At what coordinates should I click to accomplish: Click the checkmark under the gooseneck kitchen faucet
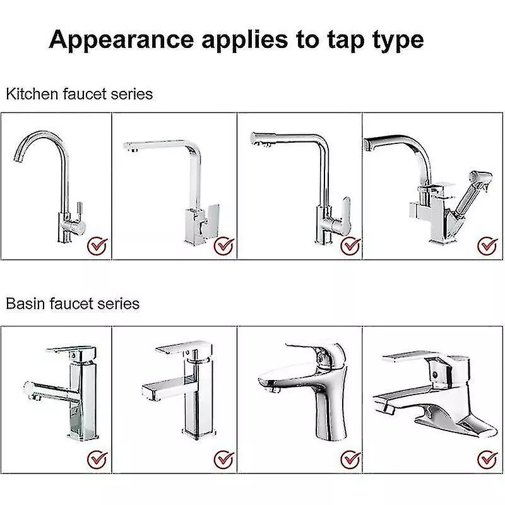point(97,244)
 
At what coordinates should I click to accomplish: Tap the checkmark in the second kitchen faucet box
point(222,244)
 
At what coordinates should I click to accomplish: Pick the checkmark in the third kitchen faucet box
point(349,245)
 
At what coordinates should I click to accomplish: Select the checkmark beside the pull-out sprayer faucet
point(486,244)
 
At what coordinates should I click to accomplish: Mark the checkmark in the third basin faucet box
point(349,457)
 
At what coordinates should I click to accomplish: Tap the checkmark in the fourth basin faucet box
point(486,457)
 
